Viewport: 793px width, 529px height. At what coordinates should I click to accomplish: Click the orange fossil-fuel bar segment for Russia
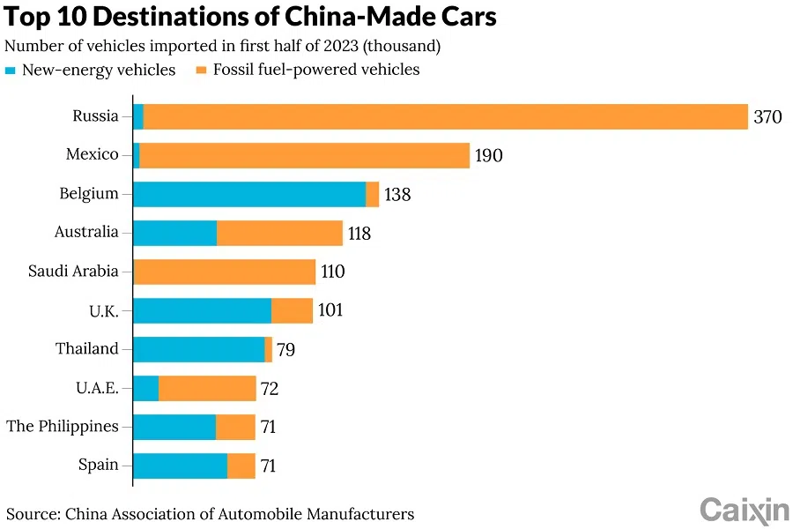445,116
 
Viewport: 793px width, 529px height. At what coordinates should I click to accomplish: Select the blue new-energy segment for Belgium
249,194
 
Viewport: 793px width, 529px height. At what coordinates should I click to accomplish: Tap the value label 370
767,117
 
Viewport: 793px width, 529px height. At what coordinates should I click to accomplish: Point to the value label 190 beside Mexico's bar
488,156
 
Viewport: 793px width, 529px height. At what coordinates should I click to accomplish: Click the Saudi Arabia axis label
73,272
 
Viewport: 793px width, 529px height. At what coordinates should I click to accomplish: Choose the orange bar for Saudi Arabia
224,272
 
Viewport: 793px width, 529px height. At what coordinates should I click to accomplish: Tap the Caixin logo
744,509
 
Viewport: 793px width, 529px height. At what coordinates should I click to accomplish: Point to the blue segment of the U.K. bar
202,310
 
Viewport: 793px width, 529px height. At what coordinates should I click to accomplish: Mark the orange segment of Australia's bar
279,233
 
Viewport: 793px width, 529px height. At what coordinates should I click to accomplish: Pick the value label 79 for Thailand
285,350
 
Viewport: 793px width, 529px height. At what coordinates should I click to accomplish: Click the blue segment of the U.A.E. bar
145,388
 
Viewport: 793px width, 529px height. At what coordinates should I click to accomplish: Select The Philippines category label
62,427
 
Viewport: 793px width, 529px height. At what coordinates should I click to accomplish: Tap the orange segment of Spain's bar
241,466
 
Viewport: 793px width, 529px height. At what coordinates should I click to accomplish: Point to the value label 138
397,195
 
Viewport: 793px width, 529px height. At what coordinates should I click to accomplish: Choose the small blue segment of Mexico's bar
137,155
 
